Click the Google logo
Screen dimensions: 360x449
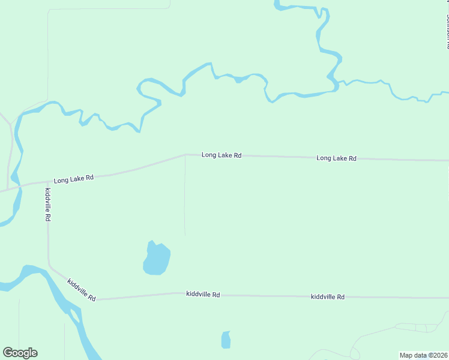20,353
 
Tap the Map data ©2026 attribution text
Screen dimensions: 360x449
423,355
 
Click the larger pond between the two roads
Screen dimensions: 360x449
156,259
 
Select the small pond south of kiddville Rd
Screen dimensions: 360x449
226,340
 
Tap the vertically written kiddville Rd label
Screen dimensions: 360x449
47,205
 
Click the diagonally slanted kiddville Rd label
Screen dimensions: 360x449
82,290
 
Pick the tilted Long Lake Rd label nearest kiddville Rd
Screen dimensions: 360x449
74,179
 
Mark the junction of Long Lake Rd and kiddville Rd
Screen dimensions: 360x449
48,182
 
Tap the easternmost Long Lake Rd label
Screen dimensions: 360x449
336,158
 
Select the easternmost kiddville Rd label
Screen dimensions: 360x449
328,297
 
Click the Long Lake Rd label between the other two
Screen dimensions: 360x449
221,155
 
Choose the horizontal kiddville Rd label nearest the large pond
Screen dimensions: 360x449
203,294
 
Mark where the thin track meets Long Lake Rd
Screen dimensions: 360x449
185,155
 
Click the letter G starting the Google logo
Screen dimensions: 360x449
8,353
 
